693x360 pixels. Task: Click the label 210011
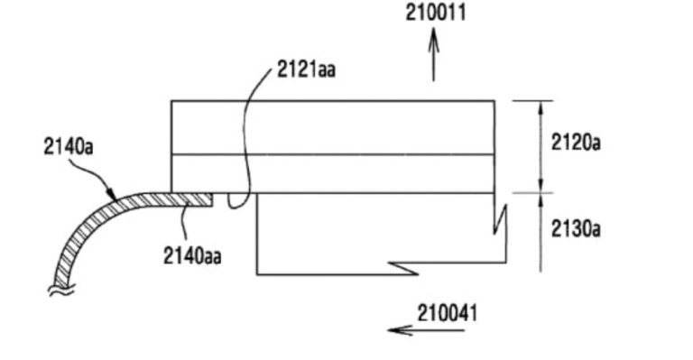pos(436,12)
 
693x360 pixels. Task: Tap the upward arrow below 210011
pos(433,55)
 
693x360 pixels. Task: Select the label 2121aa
pos(306,69)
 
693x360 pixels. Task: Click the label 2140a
pos(69,147)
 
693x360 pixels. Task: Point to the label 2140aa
pos(192,255)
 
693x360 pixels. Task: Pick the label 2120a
pos(576,143)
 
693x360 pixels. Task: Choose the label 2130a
pos(576,229)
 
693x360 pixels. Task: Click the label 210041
pos(448,314)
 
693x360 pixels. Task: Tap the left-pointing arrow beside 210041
pos(426,330)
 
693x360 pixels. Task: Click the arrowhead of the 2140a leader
pos(113,196)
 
